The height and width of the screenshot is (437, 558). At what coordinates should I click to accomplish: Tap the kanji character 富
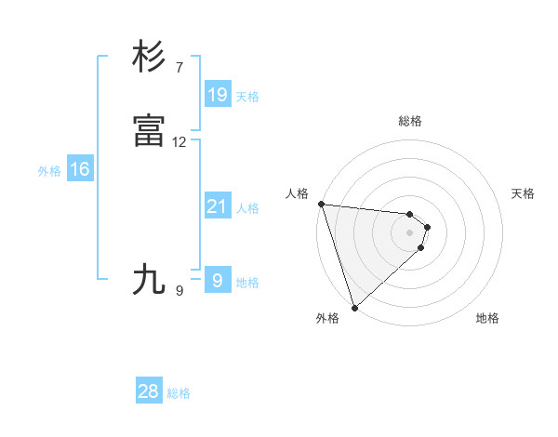click(150, 131)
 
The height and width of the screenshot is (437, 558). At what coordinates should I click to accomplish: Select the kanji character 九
click(150, 279)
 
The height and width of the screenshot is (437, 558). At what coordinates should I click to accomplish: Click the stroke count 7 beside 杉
click(179, 68)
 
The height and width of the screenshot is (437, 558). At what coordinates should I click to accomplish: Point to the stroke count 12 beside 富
click(179, 142)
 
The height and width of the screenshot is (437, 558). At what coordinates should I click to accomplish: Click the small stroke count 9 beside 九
click(179, 291)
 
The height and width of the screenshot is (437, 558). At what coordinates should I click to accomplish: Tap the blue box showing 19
click(217, 94)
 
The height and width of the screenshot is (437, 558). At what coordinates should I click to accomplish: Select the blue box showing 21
click(217, 205)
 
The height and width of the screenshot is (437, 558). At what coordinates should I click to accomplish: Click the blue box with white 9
click(217, 280)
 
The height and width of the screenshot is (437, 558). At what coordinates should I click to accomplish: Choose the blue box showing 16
click(80, 169)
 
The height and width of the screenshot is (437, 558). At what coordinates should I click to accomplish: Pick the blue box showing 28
click(149, 391)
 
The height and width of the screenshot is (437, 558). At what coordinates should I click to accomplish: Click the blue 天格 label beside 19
click(247, 97)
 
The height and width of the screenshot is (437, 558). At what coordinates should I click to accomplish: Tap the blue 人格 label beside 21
click(247, 208)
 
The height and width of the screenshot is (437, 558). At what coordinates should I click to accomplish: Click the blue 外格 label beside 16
click(49, 171)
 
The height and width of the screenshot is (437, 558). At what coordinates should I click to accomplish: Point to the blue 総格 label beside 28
click(179, 394)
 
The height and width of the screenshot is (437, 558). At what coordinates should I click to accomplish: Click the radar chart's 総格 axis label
click(409, 121)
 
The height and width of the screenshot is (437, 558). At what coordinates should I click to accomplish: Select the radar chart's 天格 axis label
click(524, 193)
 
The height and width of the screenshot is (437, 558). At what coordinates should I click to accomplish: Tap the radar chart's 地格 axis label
click(487, 318)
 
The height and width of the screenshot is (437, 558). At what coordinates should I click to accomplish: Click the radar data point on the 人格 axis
click(321, 204)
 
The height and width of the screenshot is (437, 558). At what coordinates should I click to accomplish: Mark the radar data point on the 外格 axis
click(354, 306)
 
